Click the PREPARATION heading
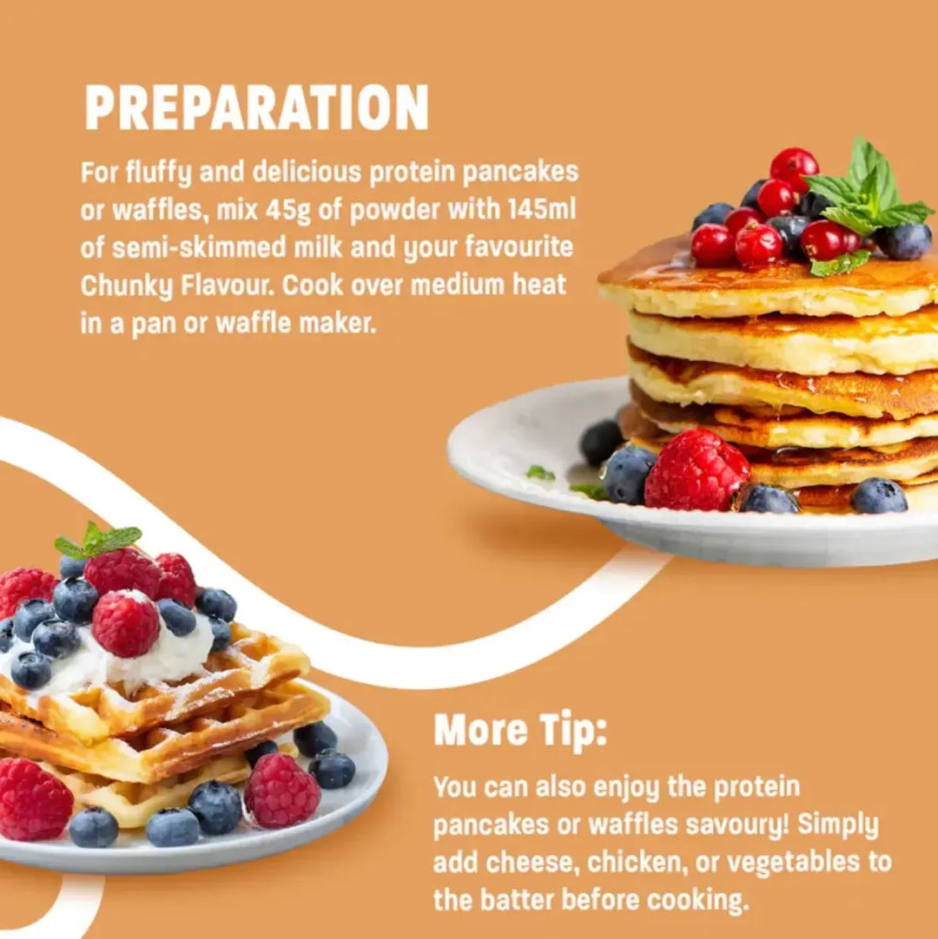(x=256, y=108)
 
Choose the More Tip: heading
(x=520, y=731)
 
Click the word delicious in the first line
(x=307, y=172)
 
